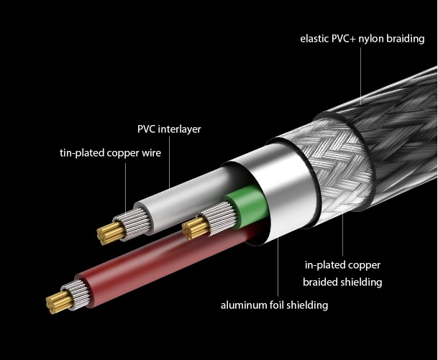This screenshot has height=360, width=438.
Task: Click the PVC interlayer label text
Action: click(x=169, y=130)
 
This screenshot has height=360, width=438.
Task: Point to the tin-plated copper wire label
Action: click(x=110, y=152)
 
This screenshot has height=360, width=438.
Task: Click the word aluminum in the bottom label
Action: click(x=244, y=305)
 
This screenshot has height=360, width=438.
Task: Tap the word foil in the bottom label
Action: click(x=279, y=305)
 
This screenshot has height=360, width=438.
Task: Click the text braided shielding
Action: click(x=342, y=282)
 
